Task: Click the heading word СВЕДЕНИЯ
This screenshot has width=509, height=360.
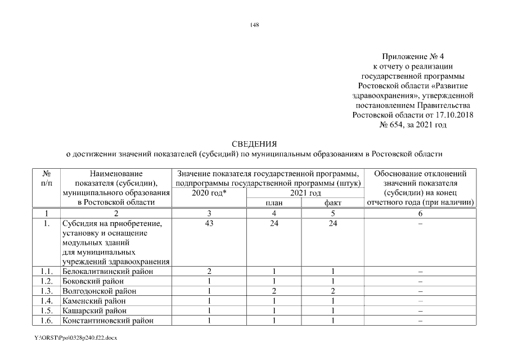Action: tap(254, 144)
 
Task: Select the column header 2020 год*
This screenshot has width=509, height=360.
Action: tap(209, 193)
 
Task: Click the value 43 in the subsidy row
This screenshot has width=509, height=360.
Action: tap(209, 223)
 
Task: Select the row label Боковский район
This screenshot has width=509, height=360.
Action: tap(93, 281)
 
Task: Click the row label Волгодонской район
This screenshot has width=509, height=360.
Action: tap(99, 291)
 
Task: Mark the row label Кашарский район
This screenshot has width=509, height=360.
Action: tap(94, 310)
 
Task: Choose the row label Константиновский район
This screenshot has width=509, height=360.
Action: tap(108, 321)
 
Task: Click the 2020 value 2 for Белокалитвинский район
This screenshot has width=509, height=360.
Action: tap(209, 272)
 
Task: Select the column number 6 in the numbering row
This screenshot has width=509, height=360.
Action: tap(420, 213)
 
